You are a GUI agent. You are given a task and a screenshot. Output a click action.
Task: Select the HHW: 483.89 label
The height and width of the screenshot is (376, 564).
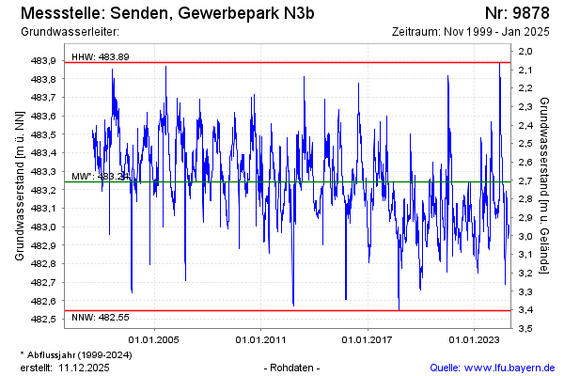click(x=101, y=57)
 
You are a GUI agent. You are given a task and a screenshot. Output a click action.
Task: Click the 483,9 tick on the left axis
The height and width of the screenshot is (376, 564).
click(x=43, y=60)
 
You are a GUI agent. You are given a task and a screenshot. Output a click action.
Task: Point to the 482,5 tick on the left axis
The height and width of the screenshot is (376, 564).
click(x=43, y=320)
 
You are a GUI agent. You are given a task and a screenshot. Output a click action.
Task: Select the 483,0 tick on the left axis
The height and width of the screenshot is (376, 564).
click(x=43, y=227)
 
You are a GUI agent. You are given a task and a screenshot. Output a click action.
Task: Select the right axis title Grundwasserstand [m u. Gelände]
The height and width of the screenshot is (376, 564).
click(x=545, y=183)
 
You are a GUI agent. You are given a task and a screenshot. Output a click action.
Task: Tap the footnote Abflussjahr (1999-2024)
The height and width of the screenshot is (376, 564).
click(x=79, y=354)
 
